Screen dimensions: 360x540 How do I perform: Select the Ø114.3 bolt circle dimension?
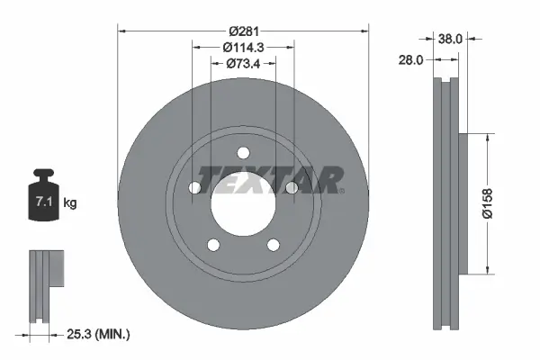[243, 47]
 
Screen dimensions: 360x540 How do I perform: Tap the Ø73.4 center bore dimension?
[243, 63]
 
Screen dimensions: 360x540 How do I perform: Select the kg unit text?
[71, 203]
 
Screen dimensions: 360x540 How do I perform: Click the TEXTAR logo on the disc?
[269, 178]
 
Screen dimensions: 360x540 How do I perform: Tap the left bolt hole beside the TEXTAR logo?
[193, 188]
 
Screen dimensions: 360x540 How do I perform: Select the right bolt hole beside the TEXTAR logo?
[292, 187]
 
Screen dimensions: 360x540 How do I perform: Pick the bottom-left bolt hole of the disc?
[212, 246]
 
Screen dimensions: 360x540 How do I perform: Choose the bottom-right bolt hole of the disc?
[274, 246]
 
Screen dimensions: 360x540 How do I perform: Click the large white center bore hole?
[243, 205]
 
